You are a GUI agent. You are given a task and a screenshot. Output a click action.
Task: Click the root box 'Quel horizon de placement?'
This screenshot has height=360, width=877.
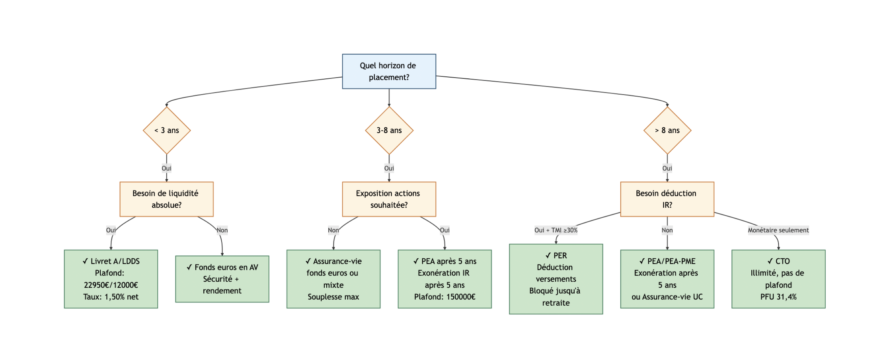click(x=389, y=72)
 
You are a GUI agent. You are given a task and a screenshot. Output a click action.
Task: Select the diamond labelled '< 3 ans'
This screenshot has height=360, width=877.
click(x=167, y=130)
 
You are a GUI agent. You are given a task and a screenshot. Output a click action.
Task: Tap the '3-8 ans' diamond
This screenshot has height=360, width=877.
click(x=389, y=130)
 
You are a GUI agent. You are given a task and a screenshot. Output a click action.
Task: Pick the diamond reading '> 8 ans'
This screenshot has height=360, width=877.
click(x=667, y=130)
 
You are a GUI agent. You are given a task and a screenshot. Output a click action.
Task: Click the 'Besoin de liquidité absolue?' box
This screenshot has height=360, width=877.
click(x=167, y=199)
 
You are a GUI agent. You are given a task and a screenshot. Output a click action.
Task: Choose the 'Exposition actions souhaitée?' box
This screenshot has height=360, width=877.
click(x=389, y=199)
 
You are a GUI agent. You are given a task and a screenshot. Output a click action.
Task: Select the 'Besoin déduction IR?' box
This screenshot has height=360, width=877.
click(x=667, y=199)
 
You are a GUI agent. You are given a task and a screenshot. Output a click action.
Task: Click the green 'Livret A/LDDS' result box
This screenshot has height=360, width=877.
click(x=111, y=279)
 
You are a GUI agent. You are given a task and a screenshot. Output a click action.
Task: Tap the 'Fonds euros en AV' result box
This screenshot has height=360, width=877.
click(x=222, y=279)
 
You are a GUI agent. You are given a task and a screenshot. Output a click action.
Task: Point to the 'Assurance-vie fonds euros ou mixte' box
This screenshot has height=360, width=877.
click(x=333, y=279)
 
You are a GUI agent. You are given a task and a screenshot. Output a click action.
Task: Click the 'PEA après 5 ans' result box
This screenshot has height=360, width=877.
click(x=445, y=279)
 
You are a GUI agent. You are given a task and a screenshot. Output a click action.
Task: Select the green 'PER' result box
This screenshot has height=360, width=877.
click(x=556, y=279)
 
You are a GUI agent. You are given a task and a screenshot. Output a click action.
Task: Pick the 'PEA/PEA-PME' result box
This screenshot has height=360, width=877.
click(x=667, y=279)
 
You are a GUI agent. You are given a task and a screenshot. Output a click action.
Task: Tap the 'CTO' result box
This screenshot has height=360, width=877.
click(x=778, y=279)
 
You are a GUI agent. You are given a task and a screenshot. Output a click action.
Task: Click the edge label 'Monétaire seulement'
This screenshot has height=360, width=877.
click(x=778, y=230)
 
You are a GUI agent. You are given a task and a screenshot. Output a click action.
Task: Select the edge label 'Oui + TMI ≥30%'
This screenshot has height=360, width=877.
click(x=556, y=230)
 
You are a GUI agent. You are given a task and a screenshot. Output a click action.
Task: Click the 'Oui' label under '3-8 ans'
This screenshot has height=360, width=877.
click(x=389, y=168)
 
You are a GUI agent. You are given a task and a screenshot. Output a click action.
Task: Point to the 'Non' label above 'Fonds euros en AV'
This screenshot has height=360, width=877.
click(x=222, y=230)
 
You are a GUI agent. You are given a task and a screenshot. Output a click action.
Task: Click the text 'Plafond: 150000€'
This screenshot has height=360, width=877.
click(x=445, y=297)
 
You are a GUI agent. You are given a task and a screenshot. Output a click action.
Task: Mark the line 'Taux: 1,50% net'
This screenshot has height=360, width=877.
click(x=111, y=297)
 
